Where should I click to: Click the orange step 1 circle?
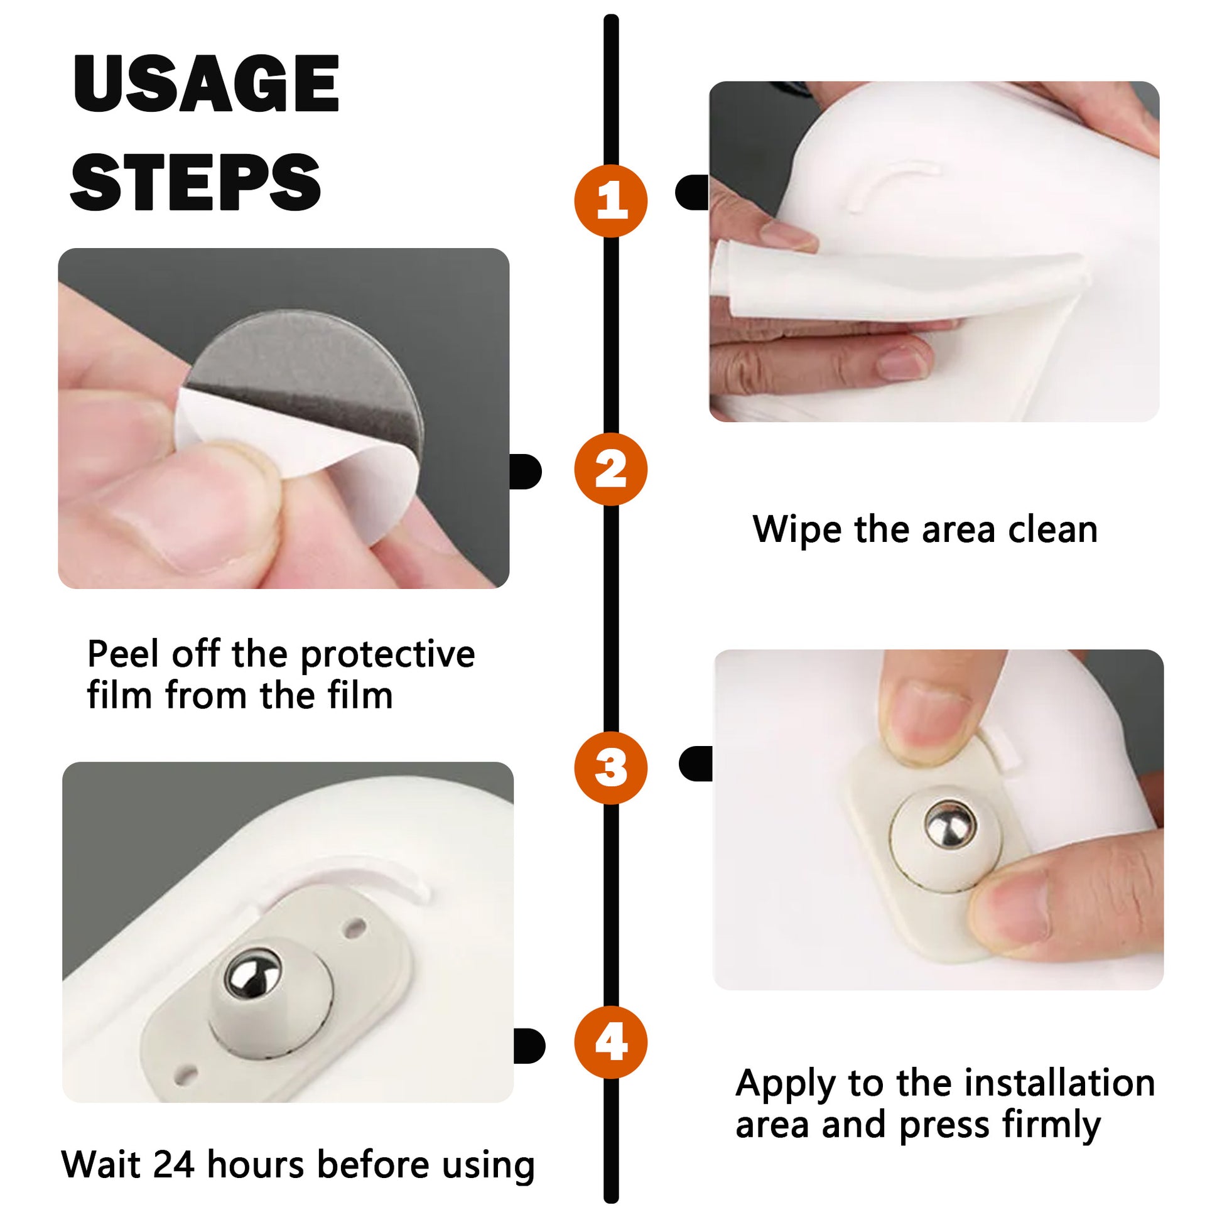point(610,201)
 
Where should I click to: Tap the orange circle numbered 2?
point(610,469)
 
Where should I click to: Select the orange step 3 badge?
point(610,768)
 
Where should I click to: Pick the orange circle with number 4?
point(610,1042)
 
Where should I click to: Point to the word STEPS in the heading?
point(196,181)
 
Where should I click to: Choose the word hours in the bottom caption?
point(256,1164)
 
